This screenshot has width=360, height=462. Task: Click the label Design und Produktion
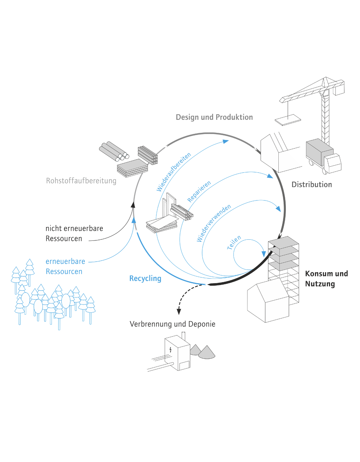214,117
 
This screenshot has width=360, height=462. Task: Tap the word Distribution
312,185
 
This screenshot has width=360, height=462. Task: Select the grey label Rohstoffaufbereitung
81,181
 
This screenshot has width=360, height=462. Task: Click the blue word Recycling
145,279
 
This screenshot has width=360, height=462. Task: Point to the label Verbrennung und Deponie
173,324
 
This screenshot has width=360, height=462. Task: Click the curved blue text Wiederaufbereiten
174,172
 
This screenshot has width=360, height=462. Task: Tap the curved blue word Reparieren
199,191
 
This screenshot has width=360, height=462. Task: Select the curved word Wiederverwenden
214,223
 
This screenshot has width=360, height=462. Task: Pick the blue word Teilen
234,242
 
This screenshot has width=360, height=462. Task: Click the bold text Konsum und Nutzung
326,279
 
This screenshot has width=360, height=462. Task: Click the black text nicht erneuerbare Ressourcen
74,233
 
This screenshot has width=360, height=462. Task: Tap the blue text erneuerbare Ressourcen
65,266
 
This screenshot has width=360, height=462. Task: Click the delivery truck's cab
333,163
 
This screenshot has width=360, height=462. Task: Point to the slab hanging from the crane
288,120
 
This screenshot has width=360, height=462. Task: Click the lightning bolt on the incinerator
170,350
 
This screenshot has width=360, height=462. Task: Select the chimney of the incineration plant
184,336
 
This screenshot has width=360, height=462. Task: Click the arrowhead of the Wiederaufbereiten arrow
226,141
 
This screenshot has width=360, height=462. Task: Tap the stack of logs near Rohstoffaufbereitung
114,152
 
